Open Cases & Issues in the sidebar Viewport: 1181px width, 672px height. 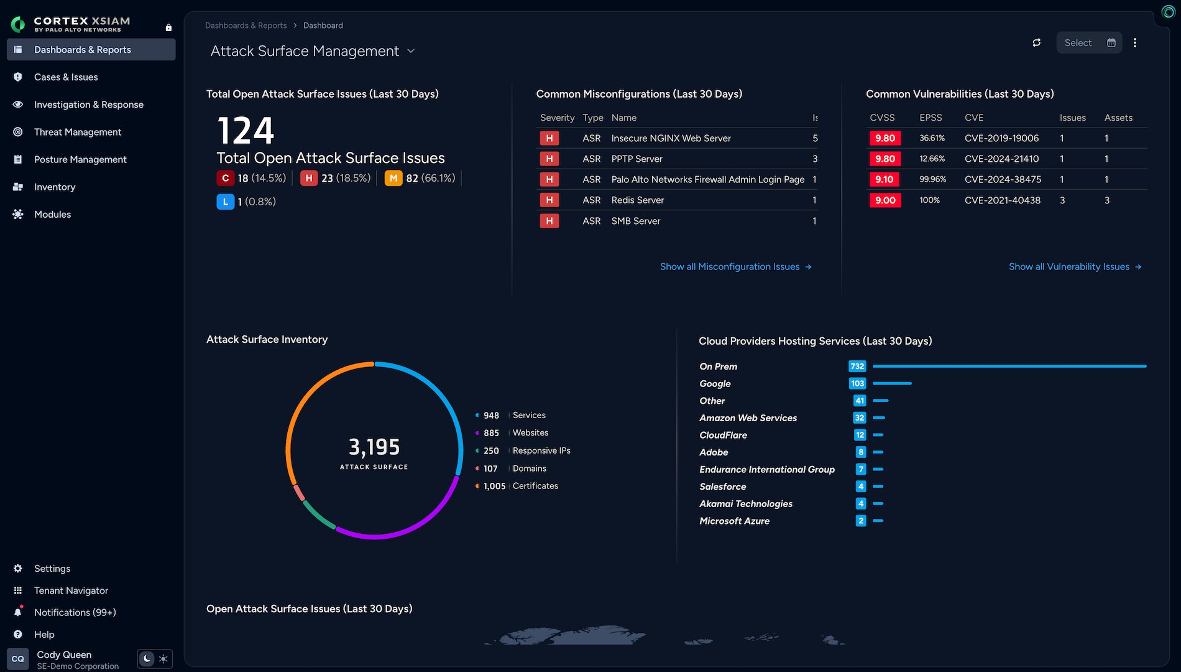click(x=66, y=77)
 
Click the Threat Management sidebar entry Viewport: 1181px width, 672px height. click(x=78, y=132)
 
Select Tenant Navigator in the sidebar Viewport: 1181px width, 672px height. click(x=71, y=590)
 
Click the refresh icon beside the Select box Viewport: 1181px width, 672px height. click(x=1036, y=43)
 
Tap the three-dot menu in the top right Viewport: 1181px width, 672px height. click(x=1135, y=43)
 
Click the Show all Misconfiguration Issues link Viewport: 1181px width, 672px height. click(x=736, y=266)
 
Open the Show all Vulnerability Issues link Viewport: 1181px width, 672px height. click(x=1075, y=266)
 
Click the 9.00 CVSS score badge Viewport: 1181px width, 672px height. click(x=885, y=200)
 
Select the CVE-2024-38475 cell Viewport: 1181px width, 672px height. click(x=1003, y=179)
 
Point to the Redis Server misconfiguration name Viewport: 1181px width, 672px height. click(x=638, y=200)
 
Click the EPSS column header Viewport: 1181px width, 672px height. click(x=931, y=118)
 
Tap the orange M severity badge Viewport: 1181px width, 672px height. click(x=393, y=178)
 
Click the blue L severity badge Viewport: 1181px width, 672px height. click(x=225, y=202)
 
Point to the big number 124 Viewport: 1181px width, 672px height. click(x=246, y=131)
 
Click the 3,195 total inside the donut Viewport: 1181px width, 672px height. click(x=374, y=447)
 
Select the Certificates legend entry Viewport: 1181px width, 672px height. click(x=535, y=486)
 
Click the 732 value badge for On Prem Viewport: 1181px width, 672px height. click(x=857, y=366)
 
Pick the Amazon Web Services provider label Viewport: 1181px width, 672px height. click(x=748, y=418)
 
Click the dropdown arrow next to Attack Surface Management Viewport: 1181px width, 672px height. click(x=411, y=51)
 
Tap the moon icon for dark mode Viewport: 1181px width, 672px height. click(x=147, y=658)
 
